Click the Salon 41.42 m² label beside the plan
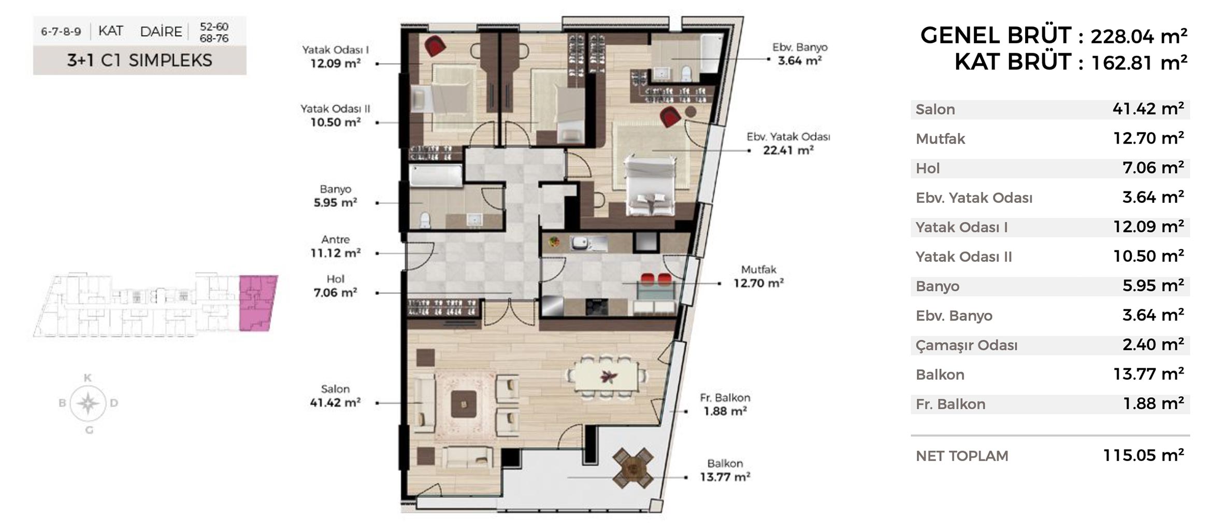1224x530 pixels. pos(335,396)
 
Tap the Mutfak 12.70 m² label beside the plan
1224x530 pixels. pos(758,276)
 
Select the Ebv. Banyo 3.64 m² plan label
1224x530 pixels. pos(800,54)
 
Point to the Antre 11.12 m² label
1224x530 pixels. pos(335,246)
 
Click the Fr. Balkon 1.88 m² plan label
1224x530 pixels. pos(725,405)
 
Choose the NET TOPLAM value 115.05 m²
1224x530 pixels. pos(1143,455)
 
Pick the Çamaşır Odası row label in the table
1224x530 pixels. pos(966,345)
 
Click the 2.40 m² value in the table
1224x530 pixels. pos(1153,344)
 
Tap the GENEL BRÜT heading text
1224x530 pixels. pos(996,36)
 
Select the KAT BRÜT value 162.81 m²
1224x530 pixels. pos(1139,63)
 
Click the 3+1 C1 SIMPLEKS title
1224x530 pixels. pos(139,61)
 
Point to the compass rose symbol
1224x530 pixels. pos(88,403)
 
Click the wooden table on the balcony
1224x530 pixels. pos(632,468)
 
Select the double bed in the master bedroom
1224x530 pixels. pos(650,185)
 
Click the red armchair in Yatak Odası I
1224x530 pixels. pos(435,46)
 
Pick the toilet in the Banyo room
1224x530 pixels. pos(425,220)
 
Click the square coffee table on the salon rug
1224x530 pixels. pos(463,404)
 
